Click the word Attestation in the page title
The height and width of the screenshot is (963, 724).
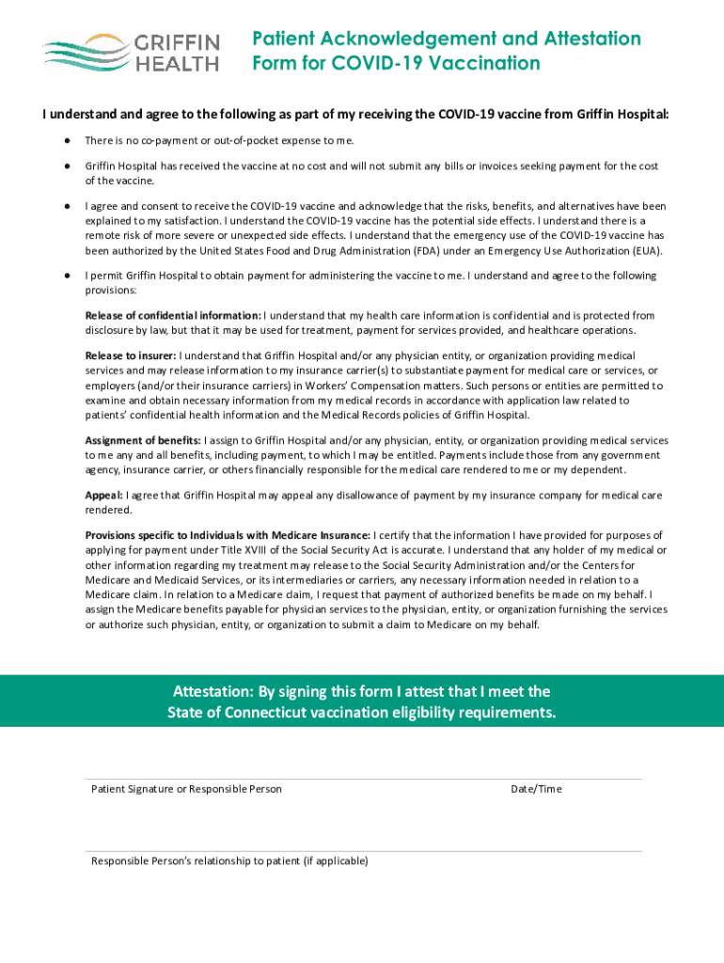point(585,39)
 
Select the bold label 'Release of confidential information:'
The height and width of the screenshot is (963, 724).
point(173,316)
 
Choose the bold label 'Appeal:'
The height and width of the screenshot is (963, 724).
point(103,495)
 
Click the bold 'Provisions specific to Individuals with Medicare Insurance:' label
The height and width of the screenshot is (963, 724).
point(228,534)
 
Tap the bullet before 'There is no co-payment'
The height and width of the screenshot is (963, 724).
point(68,140)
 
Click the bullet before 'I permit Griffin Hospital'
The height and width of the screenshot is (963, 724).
point(68,276)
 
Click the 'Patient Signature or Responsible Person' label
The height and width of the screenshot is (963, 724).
point(186,789)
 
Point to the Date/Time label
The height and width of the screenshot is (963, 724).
point(536,789)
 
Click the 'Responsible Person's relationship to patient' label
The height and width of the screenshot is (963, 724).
point(229,861)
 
